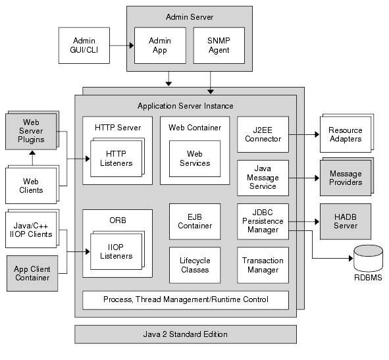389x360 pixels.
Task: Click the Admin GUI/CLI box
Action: (84, 45)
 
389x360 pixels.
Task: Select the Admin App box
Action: (159, 45)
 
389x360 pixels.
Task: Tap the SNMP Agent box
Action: (219, 45)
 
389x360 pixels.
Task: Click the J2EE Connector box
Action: (263, 134)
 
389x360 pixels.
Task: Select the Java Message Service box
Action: (263, 178)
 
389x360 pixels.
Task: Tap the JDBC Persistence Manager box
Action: (263, 220)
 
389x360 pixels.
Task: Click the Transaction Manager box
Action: (263, 265)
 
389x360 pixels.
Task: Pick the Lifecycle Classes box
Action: (195, 265)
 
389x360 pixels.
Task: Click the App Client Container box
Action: (32, 273)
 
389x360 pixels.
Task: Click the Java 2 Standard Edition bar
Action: (185, 334)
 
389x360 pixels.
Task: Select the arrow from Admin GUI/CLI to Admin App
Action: (122, 45)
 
